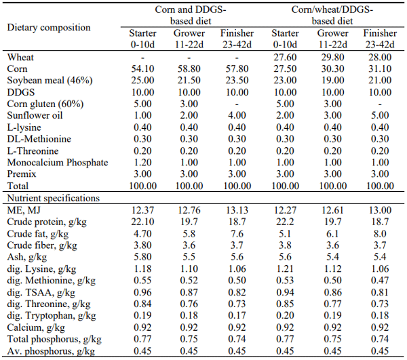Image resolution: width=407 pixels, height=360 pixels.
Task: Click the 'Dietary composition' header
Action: pyautogui.click(x=48, y=27)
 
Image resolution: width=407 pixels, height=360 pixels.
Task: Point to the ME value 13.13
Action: pyautogui.click(x=237, y=210)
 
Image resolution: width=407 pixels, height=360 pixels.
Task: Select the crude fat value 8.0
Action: pyautogui.click(x=380, y=234)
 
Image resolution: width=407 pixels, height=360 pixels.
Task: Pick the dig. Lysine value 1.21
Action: pyautogui.click(x=286, y=268)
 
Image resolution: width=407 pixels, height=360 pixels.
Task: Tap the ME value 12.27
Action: pyautogui.click(x=286, y=210)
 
